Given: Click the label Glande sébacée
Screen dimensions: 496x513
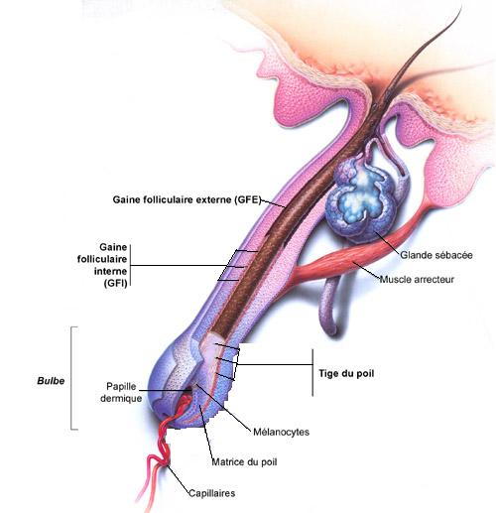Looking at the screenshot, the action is click(436, 255).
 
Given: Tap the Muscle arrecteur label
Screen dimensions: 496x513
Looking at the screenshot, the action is click(417, 280).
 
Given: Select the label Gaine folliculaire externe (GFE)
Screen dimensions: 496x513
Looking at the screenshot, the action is click(186, 199).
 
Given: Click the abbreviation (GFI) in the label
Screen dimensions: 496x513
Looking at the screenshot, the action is click(115, 284).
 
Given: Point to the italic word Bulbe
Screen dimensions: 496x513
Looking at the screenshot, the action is click(51, 381).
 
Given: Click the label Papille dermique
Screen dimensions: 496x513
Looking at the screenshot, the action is click(121, 392).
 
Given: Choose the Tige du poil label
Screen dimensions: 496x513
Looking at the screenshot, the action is click(346, 373).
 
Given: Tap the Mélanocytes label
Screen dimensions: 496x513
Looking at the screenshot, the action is click(281, 432).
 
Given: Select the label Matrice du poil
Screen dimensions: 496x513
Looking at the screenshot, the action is click(244, 462).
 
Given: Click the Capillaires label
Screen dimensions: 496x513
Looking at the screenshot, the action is click(212, 493).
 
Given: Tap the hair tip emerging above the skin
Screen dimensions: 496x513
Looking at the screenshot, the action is click(460, 7).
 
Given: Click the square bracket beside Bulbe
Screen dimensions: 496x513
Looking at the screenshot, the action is click(71, 378).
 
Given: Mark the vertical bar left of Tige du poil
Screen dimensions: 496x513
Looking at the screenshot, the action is click(312, 372).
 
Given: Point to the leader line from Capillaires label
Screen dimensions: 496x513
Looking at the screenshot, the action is click(179, 479).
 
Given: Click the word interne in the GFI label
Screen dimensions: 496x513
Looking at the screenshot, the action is click(111, 271).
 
